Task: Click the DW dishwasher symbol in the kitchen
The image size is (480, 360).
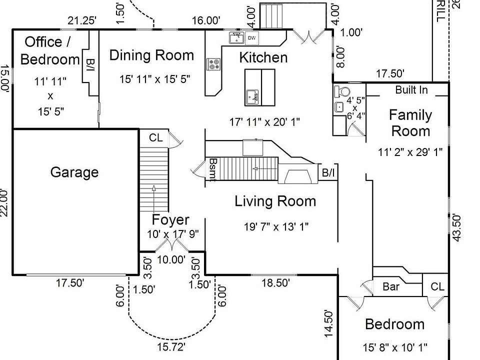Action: click(251, 38)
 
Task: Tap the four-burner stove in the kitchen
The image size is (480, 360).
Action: click(213, 64)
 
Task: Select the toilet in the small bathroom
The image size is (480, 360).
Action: click(342, 91)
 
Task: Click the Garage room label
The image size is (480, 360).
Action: click(74, 172)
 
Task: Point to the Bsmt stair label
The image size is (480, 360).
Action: click(213, 169)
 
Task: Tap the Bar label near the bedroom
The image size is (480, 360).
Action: click(391, 287)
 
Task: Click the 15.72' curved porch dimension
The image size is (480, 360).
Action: click(171, 347)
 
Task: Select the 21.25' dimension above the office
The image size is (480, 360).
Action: click(82, 21)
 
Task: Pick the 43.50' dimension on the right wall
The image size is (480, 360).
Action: click(456, 228)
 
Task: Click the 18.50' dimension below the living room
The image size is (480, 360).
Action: click(275, 283)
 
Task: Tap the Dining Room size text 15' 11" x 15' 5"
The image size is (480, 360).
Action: click(155, 79)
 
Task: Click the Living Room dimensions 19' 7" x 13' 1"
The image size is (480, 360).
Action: click(276, 227)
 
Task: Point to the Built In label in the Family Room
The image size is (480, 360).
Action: click(411, 90)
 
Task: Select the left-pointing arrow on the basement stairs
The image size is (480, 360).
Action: click(265, 168)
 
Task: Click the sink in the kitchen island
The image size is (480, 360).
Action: click(253, 96)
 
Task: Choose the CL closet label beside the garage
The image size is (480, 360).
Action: click(156, 138)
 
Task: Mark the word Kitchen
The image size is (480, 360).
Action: click(263, 57)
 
